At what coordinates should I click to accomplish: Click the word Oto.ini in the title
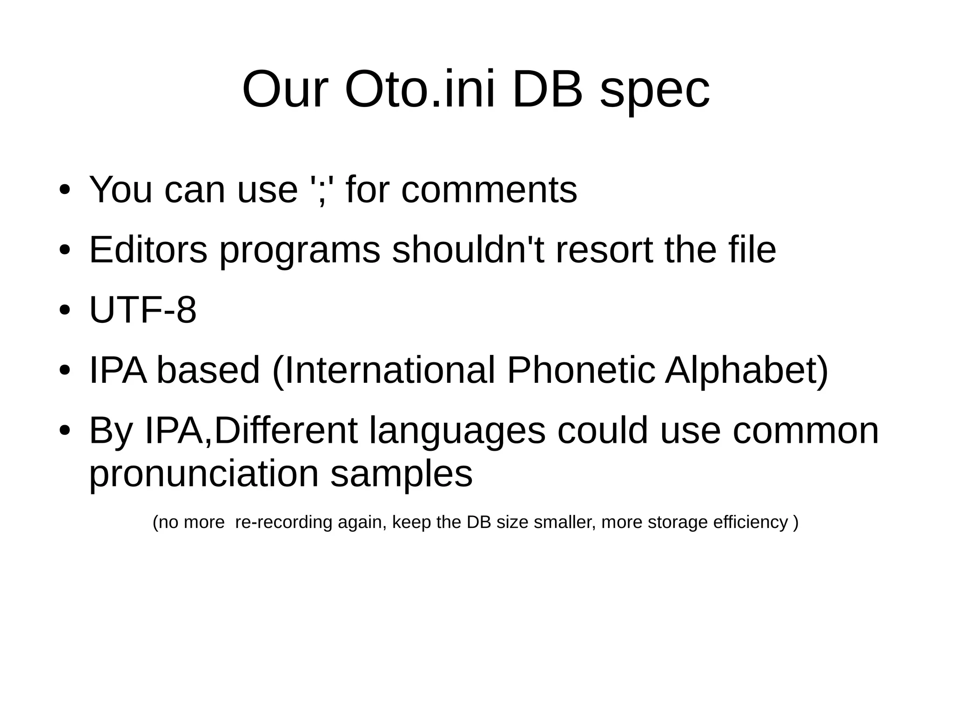coord(419,89)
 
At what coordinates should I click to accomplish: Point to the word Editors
coord(148,250)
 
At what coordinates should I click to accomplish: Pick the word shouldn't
coord(468,250)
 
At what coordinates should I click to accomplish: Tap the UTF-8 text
coord(143,310)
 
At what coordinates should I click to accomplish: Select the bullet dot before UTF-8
coord(65,310)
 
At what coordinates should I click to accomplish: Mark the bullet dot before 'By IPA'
coord(65,430)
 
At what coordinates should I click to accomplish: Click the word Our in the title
coord(285,89)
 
